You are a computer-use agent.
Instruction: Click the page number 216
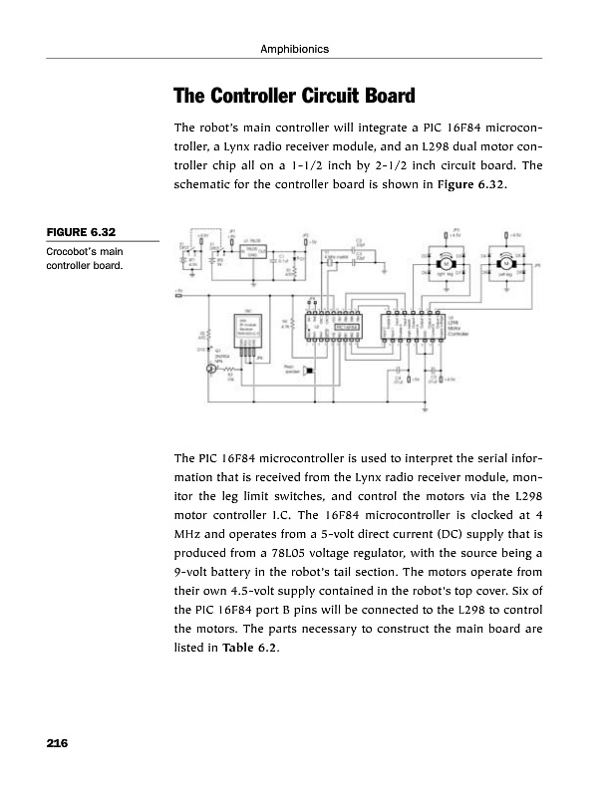pyautogui.click(x=56, y=743)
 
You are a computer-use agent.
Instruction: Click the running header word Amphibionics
pyautogui.click(x=300, y=49)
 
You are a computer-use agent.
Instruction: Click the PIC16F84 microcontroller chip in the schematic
pyautogui.click(x=351, y=326)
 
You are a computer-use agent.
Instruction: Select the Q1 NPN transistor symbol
pyautogui.click(x=211, y=368)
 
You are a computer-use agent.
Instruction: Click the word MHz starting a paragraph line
pyautogui.click(x=187, y=526)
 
